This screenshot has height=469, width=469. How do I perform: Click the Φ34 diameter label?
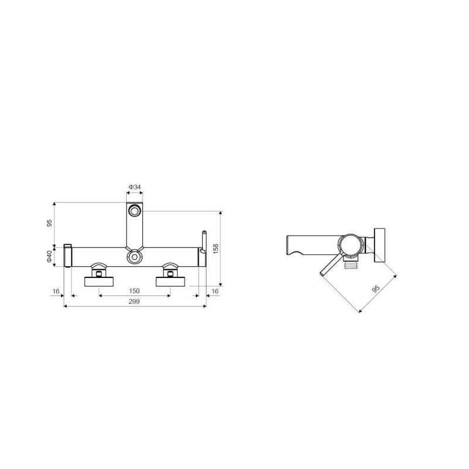(135, 187)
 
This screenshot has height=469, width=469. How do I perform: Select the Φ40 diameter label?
(49, 257)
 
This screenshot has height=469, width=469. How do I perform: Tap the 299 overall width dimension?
(134, 301)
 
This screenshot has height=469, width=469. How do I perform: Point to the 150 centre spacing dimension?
(134, 291)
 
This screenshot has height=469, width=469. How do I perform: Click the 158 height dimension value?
(216, 249)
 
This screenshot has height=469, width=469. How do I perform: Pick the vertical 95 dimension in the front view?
(49, 223)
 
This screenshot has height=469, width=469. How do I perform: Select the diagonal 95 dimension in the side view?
(375, 289)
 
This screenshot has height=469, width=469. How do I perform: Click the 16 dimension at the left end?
(56, 291)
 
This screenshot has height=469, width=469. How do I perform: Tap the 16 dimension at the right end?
(215, 291)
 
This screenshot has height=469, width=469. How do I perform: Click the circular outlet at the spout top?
(134, 211)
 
